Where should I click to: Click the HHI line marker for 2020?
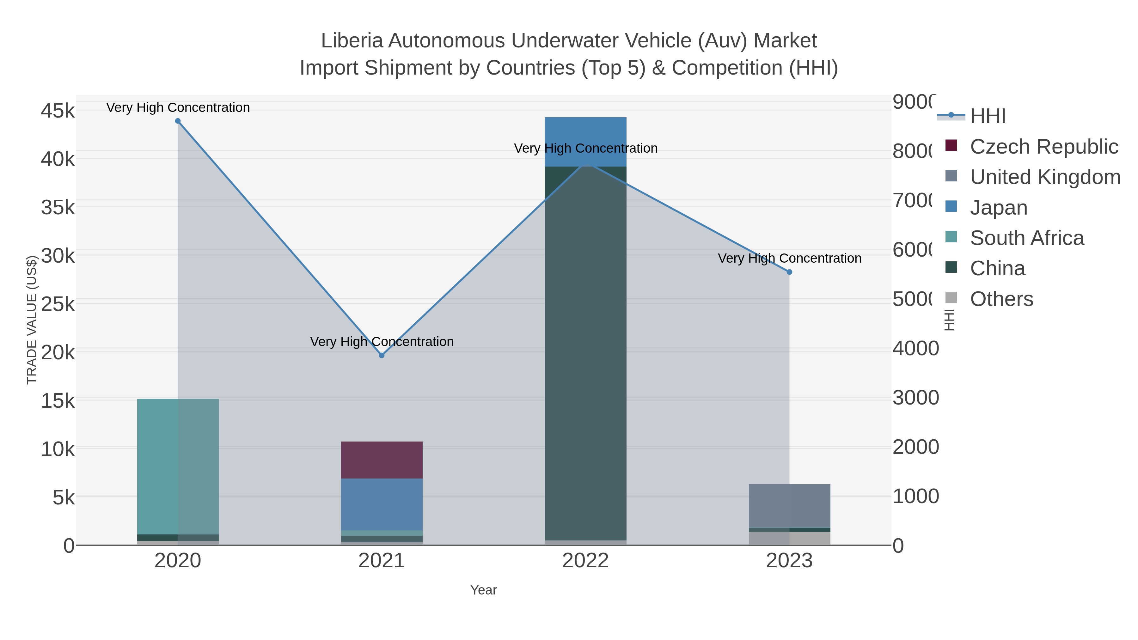tap(178, 121)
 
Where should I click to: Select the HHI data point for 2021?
tap(382, 356)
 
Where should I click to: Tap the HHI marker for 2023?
tap(789, 272)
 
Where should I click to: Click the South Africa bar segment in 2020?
tap(178, 466)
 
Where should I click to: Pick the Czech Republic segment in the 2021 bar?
tap(382, 460)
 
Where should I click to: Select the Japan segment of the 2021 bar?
tap(382, 504)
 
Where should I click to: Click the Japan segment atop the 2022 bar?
tap(585, 141)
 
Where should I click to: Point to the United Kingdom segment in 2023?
tap(789, 506)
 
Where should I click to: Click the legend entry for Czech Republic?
tap(1043, 147)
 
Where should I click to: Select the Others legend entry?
tap(1001, 299)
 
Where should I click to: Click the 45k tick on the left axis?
tap(58, 111)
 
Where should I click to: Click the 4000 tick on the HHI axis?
tap(915, 349)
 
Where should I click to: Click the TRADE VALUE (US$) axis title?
tap(32, 320)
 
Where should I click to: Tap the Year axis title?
tap(483, 590)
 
